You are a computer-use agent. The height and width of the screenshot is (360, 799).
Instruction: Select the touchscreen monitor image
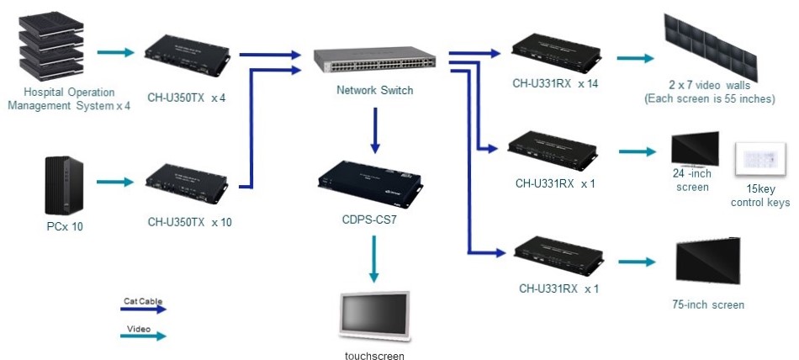pos(374,319)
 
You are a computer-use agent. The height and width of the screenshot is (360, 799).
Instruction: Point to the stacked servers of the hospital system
pos(50,47)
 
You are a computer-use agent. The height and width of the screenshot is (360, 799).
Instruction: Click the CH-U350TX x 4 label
pos(187,98)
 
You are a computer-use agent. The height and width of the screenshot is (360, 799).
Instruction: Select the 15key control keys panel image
pos(760,157)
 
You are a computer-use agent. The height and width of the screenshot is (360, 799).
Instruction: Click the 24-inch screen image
pos(694,149)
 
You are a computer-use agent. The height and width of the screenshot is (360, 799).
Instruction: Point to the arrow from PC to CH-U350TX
pos(115,182)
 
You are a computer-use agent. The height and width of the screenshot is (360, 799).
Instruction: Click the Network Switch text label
pos(374,91)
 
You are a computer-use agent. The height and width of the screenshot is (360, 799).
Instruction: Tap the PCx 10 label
pos(65,226)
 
